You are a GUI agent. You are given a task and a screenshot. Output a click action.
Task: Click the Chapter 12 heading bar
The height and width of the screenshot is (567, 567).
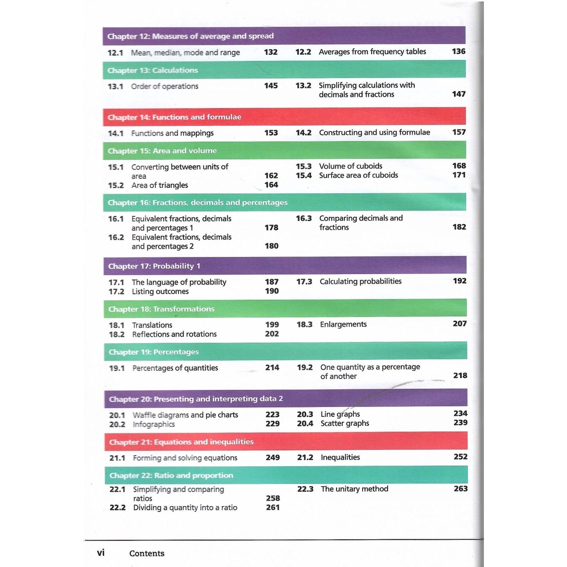click(x=283, y=36)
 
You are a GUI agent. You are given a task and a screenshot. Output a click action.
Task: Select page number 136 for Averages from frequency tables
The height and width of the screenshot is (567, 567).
click(x=458, y=51)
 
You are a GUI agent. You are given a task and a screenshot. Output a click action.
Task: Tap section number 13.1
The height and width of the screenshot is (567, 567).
click(x=115, y=86)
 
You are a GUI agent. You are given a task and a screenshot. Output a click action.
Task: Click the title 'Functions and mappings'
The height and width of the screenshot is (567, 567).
click(x=172, y=133)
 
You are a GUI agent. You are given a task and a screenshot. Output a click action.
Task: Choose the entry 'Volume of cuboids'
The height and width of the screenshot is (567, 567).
click(x=350, y=166)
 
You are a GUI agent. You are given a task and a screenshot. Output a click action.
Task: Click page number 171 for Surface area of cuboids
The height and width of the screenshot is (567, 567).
click(x=459, y=175)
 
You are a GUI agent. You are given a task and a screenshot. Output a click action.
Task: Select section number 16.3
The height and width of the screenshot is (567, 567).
click(x=303, y=218)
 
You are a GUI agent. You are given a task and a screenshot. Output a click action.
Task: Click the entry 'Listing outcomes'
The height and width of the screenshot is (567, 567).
click(x=160, y=291)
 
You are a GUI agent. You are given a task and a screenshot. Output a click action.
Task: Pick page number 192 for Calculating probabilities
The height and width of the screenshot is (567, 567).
click(x=460, y=281)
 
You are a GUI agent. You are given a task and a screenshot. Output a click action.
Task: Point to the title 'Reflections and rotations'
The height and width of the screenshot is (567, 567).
click(x=174, y=334)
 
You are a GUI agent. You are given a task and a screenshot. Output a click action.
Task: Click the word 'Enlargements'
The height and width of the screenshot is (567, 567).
click(x=343, y=324)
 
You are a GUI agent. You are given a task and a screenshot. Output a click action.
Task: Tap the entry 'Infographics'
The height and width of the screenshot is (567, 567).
click(x=153, y=424)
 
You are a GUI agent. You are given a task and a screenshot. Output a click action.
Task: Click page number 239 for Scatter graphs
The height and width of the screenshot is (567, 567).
click(x=460, y=422)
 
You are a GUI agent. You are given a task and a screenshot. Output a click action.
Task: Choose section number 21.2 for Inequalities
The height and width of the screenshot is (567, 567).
click(x=305, y=457)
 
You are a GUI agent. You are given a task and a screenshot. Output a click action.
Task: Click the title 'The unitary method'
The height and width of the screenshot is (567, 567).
click(x=354, y=489)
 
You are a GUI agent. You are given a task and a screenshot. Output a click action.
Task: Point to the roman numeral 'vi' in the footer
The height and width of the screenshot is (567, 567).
click(x=101, y=552)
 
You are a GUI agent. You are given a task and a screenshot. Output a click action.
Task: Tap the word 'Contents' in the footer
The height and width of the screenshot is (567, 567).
click(x=147, y=553)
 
